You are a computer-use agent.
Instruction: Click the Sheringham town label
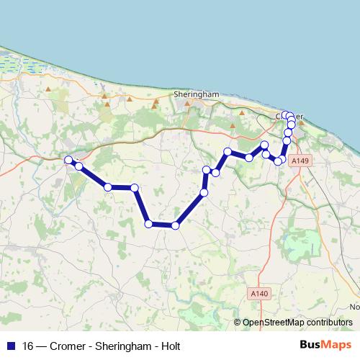point(196,94)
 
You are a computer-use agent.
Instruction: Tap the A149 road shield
point(300,163)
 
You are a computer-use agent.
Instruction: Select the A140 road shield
point(261,293)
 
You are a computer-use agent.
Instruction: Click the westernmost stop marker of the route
point(68,160)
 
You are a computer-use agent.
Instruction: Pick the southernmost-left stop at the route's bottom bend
point(149,224)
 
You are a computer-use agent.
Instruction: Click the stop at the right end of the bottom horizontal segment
point(175,225)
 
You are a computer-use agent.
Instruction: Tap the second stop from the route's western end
point(78,167)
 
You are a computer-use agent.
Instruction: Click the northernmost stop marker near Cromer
point(285,114)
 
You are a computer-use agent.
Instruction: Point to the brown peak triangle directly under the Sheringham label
point(186,103)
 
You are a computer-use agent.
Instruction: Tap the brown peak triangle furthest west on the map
point(48,89)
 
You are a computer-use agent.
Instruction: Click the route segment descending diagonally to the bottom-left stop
point(142,206)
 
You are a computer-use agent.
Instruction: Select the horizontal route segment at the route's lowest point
point(162,225)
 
